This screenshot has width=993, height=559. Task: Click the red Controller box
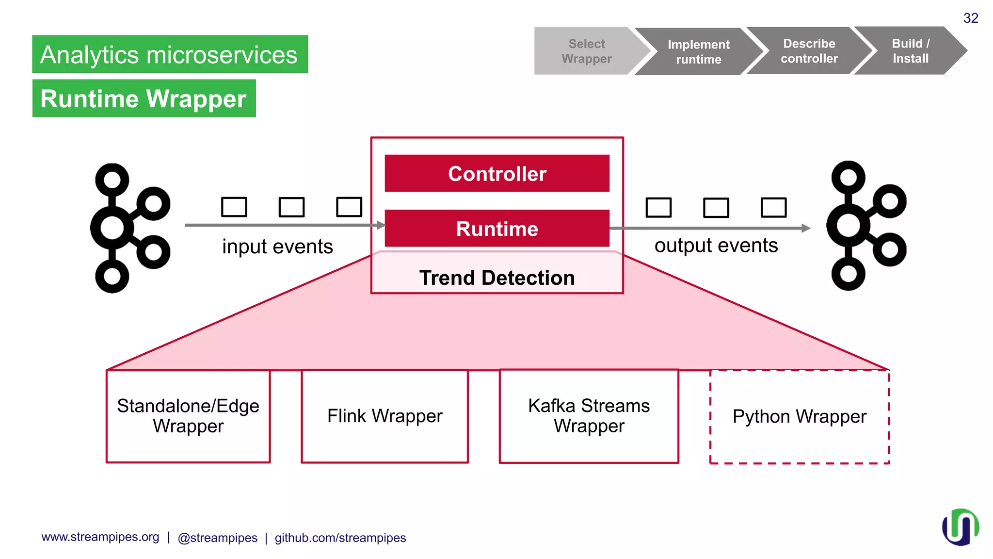click(497, 173)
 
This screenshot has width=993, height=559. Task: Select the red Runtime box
click(497, 229)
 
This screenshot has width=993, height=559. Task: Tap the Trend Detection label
click(497, 278)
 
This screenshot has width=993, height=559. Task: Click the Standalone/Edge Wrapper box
click(188, 416)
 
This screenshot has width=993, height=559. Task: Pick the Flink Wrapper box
click(384, 416)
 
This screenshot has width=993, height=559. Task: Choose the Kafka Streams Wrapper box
click(589, 416)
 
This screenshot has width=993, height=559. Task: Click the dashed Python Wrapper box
click(799, 416)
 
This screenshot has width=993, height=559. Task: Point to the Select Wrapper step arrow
click(587, 51)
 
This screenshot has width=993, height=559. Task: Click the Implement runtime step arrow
click(698, 51)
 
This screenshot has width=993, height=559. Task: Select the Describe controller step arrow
click(809, 51)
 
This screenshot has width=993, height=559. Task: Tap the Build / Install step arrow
click(911, 50)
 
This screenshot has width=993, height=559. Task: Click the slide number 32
click(971, 18)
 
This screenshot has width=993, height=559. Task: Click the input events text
click(277, 247)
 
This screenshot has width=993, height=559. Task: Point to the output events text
click(716, 246)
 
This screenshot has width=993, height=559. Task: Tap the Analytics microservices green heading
click(170, 54)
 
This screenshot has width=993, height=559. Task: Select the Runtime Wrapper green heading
click(144, 99)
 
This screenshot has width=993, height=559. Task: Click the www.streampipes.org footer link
click(100, 537)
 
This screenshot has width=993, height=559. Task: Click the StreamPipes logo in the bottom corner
click(960, 527)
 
